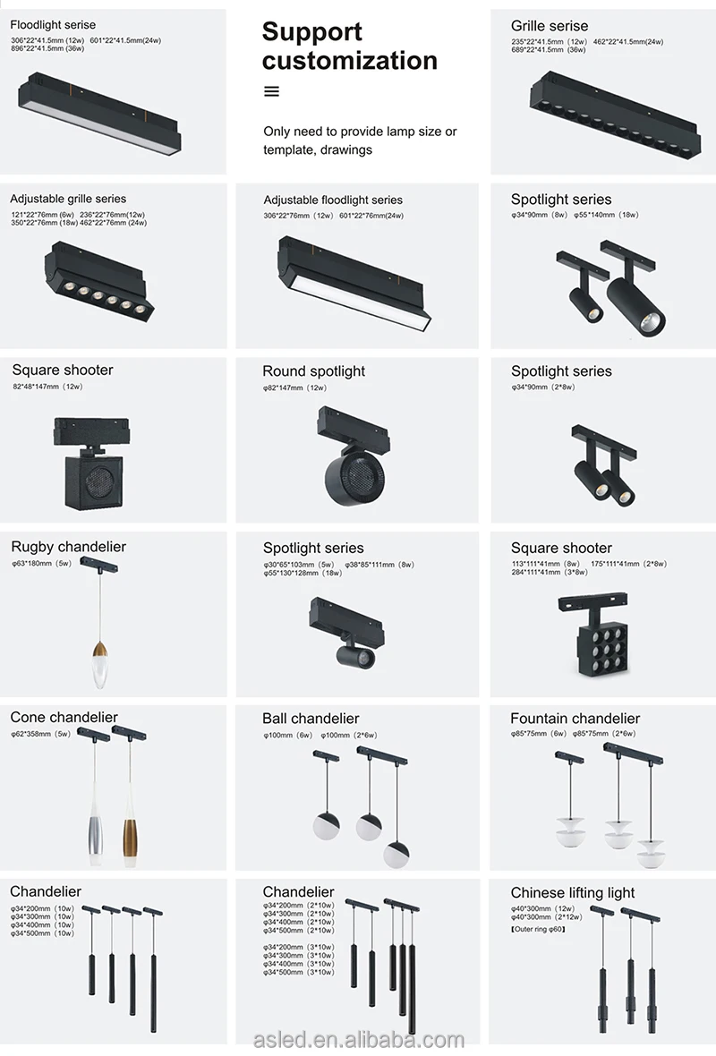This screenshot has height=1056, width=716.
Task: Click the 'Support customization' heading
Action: tap(349, 47)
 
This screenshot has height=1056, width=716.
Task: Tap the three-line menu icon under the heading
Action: tap(272, 91)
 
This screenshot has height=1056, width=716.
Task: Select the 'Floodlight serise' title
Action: tap(53, 24)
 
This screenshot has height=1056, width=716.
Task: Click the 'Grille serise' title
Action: tap(550, 26)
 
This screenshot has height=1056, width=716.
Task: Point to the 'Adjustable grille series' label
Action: tap(68, 199)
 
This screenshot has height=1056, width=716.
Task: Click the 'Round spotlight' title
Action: tap(313, 371)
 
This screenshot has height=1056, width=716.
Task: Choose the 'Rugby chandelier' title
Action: tap(68, 547)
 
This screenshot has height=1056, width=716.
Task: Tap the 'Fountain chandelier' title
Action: tap(575, 719)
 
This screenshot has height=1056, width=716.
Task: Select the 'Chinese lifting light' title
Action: tap(572, 892)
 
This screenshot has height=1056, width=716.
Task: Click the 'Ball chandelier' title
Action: tap(311, 719)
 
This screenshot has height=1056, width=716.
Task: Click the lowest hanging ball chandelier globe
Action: tap(396, 855)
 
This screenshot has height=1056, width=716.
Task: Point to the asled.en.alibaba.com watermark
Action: tap(358, 1039)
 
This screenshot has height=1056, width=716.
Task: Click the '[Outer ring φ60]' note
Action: tap(538, 930)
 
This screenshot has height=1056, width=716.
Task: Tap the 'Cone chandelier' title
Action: tap(64, 718)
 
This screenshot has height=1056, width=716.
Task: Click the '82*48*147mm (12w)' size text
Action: tap(47, 387)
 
